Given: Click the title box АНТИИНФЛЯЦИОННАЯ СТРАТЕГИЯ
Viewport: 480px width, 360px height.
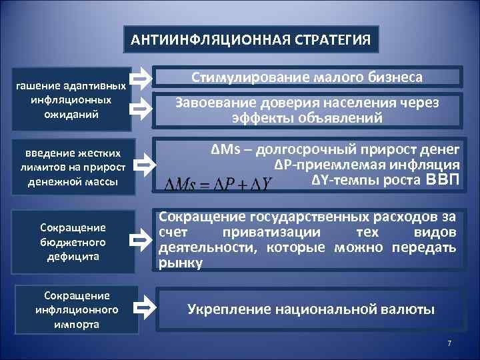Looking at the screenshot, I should point(251,39).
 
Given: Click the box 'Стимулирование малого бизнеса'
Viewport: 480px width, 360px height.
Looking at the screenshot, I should point(307,78).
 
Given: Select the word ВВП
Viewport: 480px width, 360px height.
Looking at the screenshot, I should point(442,179).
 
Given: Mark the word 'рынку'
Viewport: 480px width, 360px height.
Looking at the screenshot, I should point(181,263).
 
